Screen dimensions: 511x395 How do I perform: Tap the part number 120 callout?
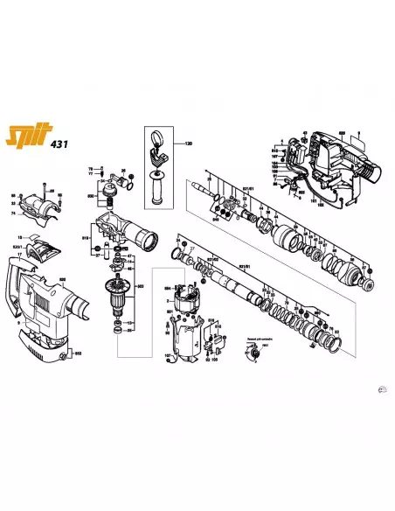click(186, 143)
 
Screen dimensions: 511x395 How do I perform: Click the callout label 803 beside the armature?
click(140, 286)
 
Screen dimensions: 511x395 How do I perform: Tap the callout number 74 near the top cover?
click(13, 213)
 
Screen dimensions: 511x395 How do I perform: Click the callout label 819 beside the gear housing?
click(87, 237)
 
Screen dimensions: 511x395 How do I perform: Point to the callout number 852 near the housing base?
click(78, 353)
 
